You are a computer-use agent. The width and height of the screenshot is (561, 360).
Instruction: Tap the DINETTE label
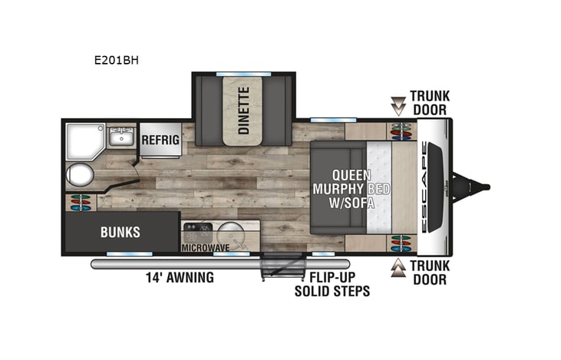point(243,111)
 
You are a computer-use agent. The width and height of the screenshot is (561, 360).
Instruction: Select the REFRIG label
point(160,140)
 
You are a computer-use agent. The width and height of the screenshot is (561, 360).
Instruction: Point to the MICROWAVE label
point(206,249)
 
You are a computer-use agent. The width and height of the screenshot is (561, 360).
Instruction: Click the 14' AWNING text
point(180,278)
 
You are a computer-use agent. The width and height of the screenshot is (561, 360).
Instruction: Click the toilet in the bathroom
point(80,176)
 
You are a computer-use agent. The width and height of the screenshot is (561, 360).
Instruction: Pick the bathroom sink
point(119,139)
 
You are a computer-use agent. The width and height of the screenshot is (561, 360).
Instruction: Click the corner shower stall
point(83,140)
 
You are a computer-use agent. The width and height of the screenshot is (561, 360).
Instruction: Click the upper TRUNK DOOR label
point(429,102)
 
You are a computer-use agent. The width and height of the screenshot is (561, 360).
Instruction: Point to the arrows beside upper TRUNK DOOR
point(398,104)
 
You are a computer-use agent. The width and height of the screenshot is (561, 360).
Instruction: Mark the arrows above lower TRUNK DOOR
point(398,266)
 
